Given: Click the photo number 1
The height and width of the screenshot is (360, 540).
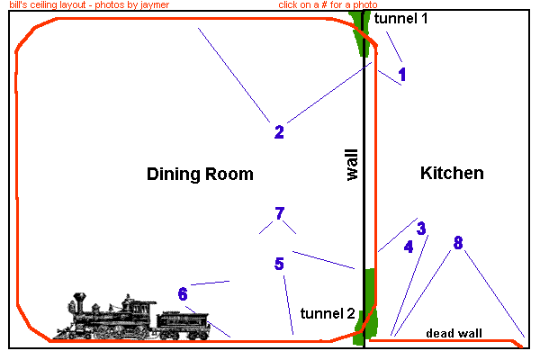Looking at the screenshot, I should pyautogui.click(x=402, y=75).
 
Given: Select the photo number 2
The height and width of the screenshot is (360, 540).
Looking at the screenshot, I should pyautogui.click(x=279, y=132).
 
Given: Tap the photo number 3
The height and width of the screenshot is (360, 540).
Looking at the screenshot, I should pyautogui.click(x=420, y=229).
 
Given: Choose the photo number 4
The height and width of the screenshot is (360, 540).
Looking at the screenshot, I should pyautogui.click(x=409, y=247).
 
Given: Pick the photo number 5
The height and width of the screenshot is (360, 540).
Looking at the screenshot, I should pyautogui.click(x=279, y=264).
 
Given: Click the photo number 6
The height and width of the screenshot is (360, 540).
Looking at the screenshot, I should pyautogui.click(x=183, y=294).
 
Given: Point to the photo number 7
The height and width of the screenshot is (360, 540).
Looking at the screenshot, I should pyautogui.click(x=280, y=214).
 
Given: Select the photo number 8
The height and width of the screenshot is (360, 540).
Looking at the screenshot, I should pyautogui.click(x=458, y=243).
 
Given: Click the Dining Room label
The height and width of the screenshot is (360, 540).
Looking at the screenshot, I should pyautogui.click(x=200, y=174).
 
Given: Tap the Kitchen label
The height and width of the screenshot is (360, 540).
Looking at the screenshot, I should pyautogui.click(x=452, y=173).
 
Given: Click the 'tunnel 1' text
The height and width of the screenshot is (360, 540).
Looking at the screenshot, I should pyautogui.click(x=401, y=19).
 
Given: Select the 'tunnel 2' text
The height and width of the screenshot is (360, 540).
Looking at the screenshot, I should pyautogui.click(x=328, y=313).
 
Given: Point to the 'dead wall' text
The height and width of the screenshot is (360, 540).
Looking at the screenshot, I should pyautogui.click(x=454, y=333).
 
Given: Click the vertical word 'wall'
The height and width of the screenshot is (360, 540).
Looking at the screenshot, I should pyautogui.click(x=351, y=165).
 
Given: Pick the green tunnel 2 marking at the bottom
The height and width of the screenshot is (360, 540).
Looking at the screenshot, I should pyautogui.click(x=366, y=306).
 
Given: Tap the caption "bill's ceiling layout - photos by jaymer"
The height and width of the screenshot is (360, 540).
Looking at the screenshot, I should pyautogui.click(x=88, y=5).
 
